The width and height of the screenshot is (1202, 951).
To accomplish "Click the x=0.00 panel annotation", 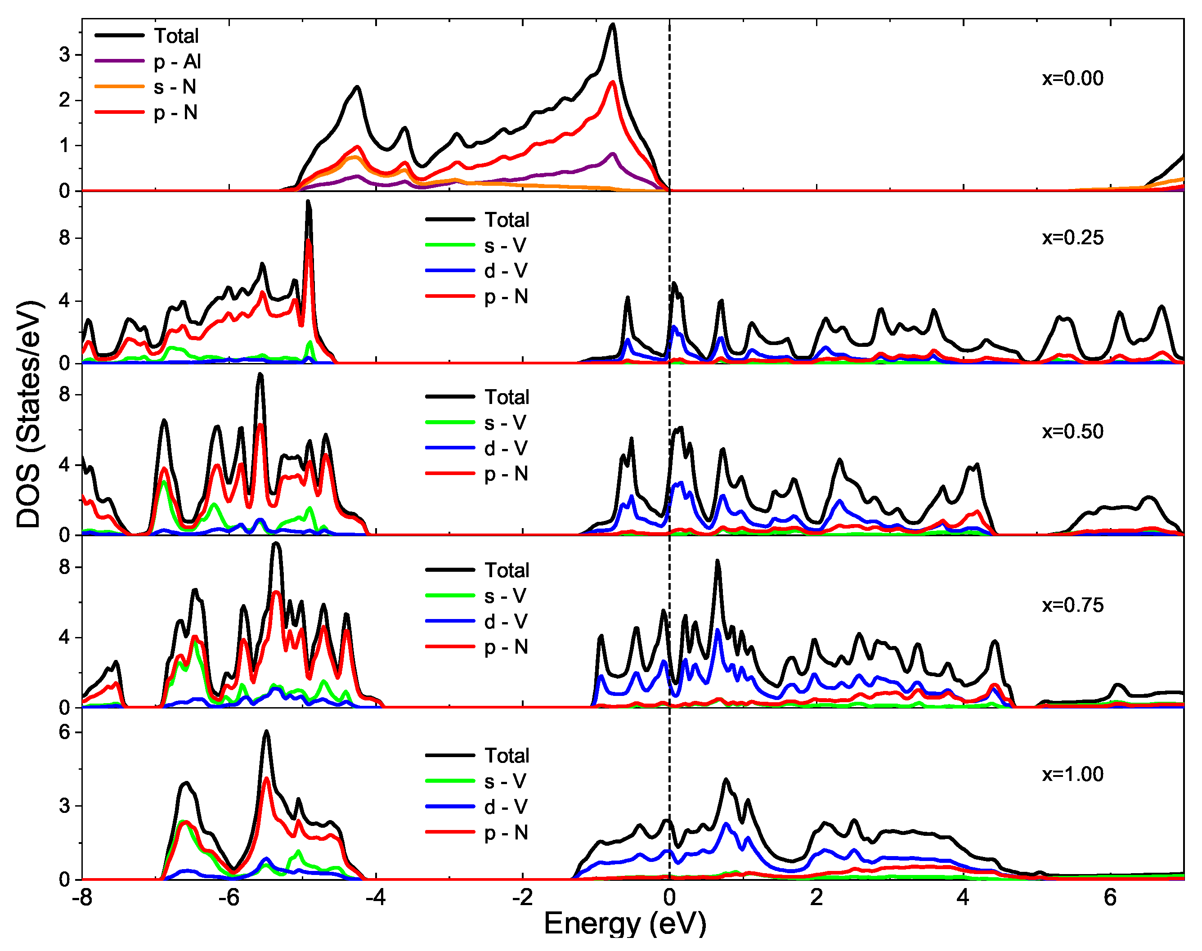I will coord(1072,79).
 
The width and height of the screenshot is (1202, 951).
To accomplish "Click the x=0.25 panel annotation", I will coord(1072,238).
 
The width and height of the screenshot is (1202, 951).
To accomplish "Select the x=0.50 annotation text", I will coord(1072,431).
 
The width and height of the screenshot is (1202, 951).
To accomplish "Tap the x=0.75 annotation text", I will coord(1072,605).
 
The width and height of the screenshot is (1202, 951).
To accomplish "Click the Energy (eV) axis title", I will coord(625,923).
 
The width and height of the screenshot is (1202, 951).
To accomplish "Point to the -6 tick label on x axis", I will coord(229,897).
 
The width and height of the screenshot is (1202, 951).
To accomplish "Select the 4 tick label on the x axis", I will coord(963,897).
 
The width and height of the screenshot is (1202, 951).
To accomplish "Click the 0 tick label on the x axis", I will coord(669,897).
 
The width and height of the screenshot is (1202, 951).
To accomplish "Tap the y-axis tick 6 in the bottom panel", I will coord(65,732).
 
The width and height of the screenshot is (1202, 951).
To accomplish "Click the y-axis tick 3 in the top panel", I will coord(65,55).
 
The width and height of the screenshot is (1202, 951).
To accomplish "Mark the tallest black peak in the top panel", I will coord(612,24).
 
